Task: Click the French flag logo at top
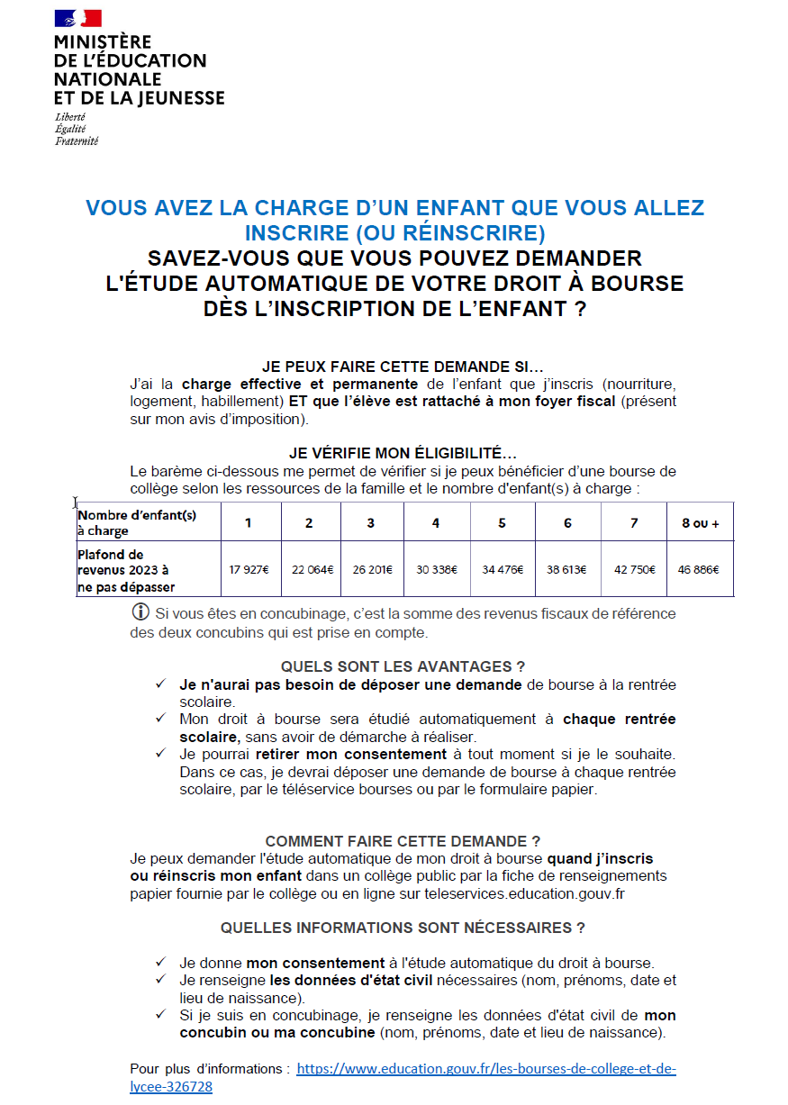click(77, 18)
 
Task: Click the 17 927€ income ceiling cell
click(249, 569)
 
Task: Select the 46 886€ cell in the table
click(700, 569)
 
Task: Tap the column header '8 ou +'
click(700, 523)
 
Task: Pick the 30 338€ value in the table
click(436, 569)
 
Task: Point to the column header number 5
click(502, 523)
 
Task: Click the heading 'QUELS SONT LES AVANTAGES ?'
click(403, 666)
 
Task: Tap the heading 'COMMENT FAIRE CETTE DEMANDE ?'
click(403, 841)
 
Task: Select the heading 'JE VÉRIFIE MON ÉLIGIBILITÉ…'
click(403, 454)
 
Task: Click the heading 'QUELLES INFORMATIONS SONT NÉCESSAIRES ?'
click(403, 928)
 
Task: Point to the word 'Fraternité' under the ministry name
click(77, 141)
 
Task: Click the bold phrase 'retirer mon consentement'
click(351, 754)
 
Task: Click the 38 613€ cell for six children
click(567, 569)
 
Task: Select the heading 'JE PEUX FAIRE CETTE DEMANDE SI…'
click(403, 367)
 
